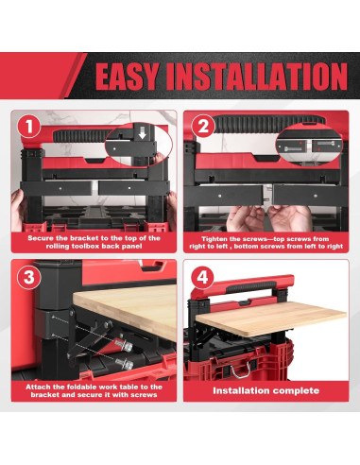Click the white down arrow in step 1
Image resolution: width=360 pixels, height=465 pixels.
(142, 135)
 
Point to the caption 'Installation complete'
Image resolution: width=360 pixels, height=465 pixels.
(266, 389)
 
